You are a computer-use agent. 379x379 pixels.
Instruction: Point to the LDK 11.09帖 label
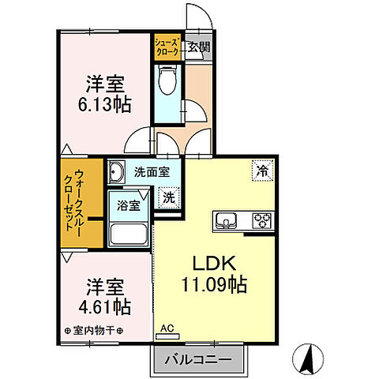pyautogui.click(x=209, y=275)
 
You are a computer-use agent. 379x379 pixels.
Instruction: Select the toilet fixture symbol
pyautogui.click(x=167, y=81)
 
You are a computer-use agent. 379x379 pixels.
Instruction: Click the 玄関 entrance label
pyautogui.click(x=199, y=47)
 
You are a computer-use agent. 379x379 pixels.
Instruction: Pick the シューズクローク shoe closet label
pyautogui.click(x=167, y=46)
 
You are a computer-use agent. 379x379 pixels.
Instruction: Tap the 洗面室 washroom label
pyautogui.click(x=151, y=171)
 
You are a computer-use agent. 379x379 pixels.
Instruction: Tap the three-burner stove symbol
pyautogui.click(x=261, y=219)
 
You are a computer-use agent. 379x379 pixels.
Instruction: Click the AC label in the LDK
pyautogui.click(x=167, y=328)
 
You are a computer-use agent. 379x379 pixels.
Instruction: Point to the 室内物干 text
pyautogui.click(x=92, y=329)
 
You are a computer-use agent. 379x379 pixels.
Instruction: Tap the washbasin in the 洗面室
pyautogui.click(x=117, y=171)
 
